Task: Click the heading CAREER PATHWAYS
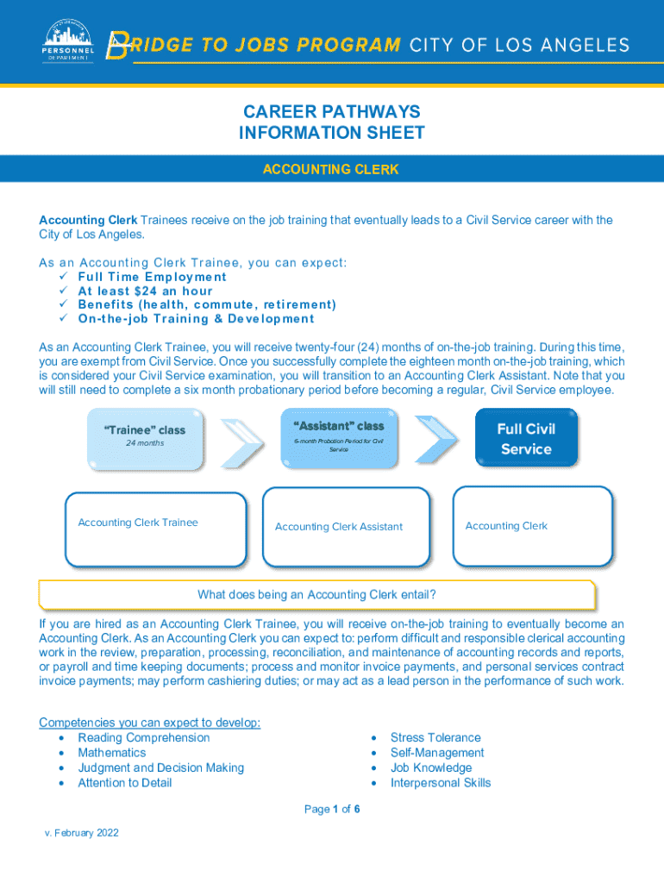click(x=331, y=112)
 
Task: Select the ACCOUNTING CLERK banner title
click(x=331, y=169)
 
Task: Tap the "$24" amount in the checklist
click(x=146, y=291)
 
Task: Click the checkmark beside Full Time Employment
click(x=62, y=277)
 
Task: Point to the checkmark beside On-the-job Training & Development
click(x=62, y=318)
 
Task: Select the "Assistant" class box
click(x=339, y=438)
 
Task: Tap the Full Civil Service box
click(x=526, y=438)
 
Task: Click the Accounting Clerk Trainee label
click(x=138, y=523)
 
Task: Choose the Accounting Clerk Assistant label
click(x=339, y=527)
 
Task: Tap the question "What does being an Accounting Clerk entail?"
click(x=316, y=595)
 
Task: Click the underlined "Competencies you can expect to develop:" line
click(x=150, y=723)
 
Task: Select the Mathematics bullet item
click(x=112, y=753)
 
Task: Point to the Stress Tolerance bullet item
click(x=435, y=737)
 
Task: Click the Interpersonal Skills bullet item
click(x=441, y=783)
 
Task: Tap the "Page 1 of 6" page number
click(x=332, y=809)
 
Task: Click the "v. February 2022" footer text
click(x=82, y=833)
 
